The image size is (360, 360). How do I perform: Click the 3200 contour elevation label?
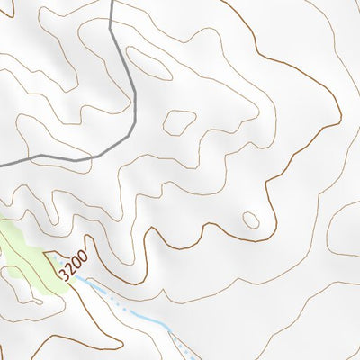pos(74,264)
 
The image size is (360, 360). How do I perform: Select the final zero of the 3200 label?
pos(83,255)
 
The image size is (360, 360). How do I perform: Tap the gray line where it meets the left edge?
pos(2,165)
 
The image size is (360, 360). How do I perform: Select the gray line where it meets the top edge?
pos(111,2)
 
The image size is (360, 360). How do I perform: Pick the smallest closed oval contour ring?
pos(251,220)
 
